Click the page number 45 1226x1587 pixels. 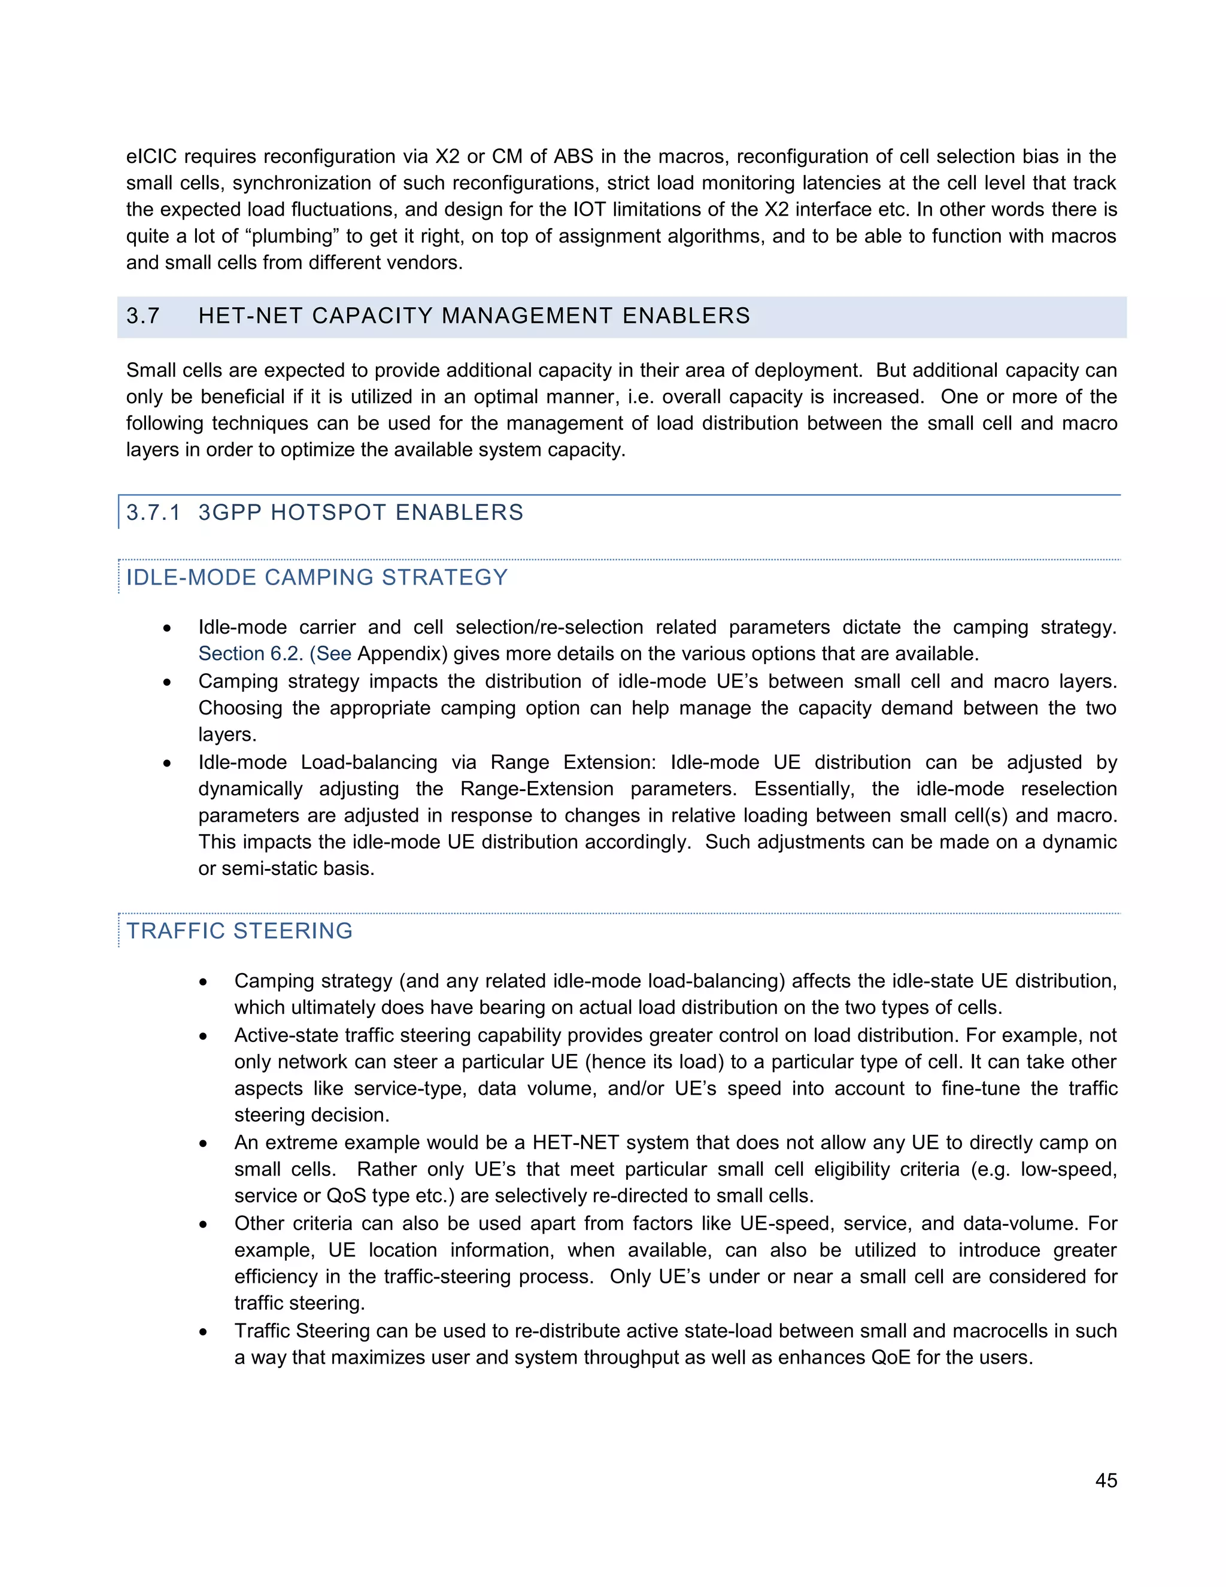tap(1106, 1480)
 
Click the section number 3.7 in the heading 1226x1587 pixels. tap(142, 316)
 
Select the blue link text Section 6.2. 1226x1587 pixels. tap(250, 654)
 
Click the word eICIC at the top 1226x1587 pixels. tap(151, 156)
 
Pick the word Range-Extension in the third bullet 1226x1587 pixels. tap(537, 789)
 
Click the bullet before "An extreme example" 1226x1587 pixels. tap(204, 1144)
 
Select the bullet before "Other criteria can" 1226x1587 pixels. tap(204, 1225)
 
